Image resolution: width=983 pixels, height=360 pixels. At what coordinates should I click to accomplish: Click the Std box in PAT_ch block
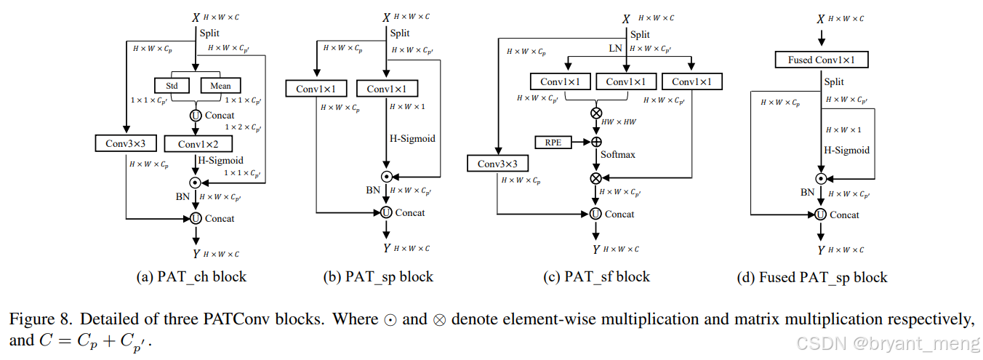coord(172,86)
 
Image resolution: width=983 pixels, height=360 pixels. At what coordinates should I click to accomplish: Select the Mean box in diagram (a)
coord(220,86)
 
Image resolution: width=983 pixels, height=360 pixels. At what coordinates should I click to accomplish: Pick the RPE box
coord(553,142)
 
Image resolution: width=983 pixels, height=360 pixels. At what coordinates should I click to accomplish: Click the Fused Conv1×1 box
coord(821,60)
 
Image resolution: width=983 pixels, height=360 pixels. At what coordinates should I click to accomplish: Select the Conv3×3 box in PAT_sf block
coord(498,164)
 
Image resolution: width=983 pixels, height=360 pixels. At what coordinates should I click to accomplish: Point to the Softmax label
coord(617,155)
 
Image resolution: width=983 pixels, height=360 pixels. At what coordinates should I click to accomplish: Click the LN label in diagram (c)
coord(616,49)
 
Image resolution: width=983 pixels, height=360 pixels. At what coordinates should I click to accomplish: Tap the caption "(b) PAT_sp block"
coord(378,277)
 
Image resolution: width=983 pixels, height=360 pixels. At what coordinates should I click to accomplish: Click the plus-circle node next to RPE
coord(596,142)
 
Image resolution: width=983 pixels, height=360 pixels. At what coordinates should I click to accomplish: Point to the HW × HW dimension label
coord(619,121)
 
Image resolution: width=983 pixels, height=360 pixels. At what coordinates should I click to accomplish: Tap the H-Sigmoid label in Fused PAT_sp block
coord(846,150)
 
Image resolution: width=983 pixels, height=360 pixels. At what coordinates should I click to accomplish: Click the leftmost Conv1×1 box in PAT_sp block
coord(316,89)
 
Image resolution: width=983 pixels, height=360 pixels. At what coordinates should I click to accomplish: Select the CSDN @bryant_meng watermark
coord(886,343)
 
